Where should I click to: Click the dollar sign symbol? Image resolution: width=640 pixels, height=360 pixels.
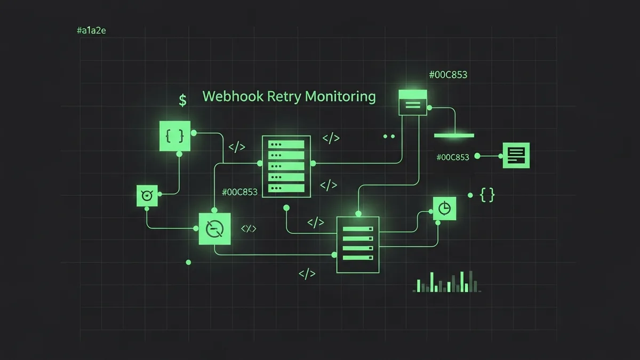click(183, 100)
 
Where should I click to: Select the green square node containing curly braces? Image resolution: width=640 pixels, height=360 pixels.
click(175, 136)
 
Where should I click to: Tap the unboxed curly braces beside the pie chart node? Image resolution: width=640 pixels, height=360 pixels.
click(487, 195)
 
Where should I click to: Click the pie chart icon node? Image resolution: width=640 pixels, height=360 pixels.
click(445, 207)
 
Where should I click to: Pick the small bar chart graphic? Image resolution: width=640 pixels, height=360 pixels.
click(447, 282)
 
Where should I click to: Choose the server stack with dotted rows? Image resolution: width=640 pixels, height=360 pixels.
click(286, 166)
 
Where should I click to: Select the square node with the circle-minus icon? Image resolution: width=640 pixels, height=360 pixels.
click(214, 229)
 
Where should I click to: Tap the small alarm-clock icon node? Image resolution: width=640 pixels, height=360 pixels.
click(147, 196)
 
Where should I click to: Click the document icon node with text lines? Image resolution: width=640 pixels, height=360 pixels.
click(516, 156)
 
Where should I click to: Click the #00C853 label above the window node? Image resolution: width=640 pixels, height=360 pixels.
click(448, 75)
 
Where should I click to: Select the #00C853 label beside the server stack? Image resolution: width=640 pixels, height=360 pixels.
click(239, 192)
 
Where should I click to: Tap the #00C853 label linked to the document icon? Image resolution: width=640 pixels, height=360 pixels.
click(452, 157)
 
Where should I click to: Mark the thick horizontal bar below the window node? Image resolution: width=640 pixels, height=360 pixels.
click(454, 135)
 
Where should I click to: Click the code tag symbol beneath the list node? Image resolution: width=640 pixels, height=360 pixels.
click(307, 274)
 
